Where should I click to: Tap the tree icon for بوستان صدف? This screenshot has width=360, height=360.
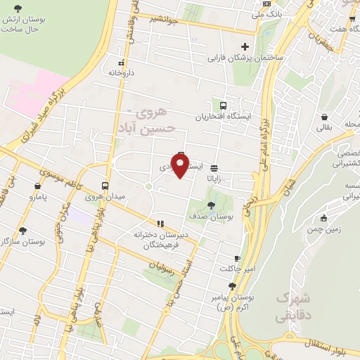click(211, 205)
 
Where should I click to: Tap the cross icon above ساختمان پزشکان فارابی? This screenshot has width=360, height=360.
click(245, 47)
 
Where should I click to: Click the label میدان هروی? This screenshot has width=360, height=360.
click(105, 197)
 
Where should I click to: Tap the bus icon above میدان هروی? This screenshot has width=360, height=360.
click(105, 186)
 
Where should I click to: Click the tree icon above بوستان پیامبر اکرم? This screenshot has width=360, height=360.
click(232, 286)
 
